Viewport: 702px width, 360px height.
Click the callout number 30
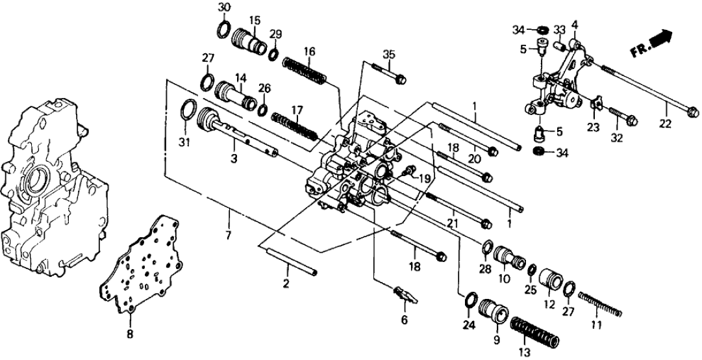tap(223, 7)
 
